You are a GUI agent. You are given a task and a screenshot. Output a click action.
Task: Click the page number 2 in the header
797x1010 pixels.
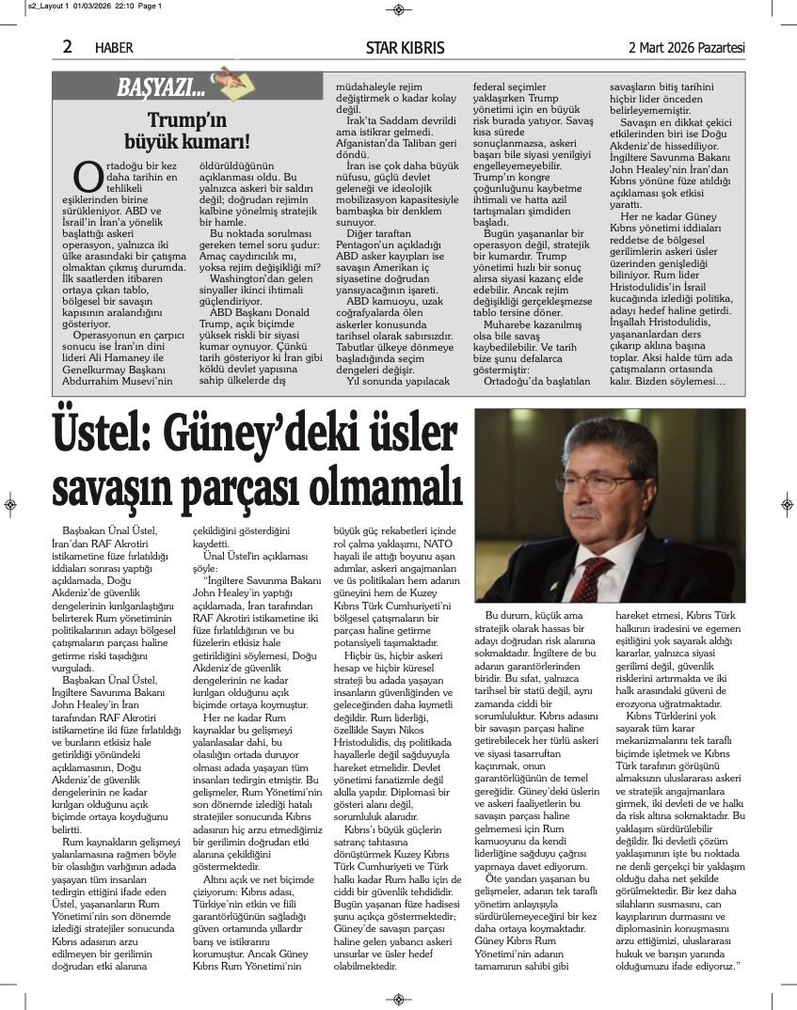tap(68, 46)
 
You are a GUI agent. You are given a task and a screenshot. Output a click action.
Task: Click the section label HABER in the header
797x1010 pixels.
tap(114, 47)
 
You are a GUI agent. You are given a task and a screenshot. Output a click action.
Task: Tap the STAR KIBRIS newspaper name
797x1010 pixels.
tap(406, 47)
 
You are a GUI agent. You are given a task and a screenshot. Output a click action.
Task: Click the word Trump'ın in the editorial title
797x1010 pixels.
tap(187, 120)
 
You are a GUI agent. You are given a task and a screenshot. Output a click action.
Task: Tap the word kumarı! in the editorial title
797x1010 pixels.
tap(217, 142)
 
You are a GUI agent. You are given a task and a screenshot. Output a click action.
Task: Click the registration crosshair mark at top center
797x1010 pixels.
tap(399, 9)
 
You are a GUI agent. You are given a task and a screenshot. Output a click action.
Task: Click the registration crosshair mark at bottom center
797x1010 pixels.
tap(399, 1000)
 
